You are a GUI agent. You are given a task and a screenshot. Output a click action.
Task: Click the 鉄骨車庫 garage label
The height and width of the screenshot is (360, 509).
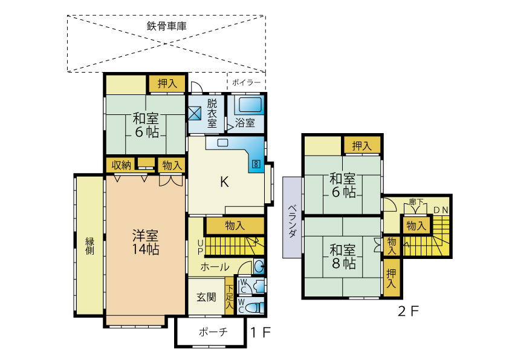[166, 26]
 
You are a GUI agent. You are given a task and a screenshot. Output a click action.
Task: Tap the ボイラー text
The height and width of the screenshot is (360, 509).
[247, 82]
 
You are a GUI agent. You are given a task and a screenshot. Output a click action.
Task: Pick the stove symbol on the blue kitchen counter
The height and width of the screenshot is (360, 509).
[256, 163]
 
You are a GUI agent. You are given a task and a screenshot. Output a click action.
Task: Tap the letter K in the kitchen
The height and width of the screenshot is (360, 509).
[224, 182]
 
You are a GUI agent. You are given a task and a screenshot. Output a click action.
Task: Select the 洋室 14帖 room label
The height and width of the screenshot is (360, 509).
[146, 241]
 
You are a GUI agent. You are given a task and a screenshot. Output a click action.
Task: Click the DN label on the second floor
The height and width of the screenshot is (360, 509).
[441, 210]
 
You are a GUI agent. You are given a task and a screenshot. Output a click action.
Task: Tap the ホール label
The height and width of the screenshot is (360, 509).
[215, 267]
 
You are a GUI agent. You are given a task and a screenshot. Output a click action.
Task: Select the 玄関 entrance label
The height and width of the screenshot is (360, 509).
[206, 297]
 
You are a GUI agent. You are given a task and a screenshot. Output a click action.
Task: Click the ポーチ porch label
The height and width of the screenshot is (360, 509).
[212, 332]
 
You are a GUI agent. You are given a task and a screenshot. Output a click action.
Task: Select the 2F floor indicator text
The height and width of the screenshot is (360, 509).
[408, 312]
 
